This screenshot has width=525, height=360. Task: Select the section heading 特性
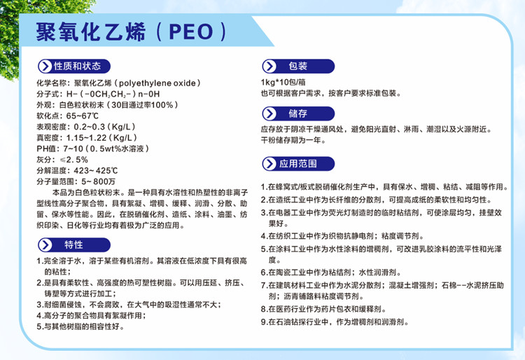73,244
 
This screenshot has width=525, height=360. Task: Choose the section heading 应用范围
298,164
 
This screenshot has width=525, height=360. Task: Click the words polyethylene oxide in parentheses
160,83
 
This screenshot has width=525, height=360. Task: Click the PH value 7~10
73,148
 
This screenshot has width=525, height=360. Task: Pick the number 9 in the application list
263,322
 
